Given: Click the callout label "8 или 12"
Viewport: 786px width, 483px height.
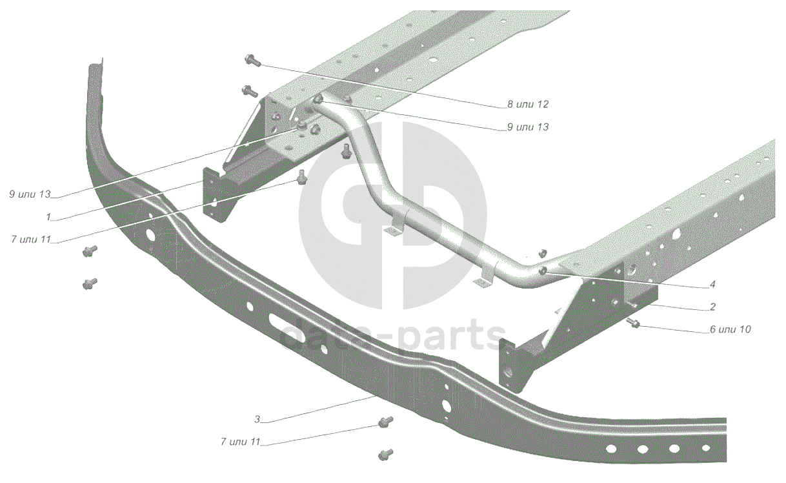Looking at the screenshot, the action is [x=527, y=104].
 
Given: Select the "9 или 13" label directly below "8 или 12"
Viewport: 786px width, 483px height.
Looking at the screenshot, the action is [x=527, y=127].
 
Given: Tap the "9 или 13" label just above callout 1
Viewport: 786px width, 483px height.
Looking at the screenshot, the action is [x=30, y=194].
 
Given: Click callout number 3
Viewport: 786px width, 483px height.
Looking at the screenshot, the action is [x=257, y=420].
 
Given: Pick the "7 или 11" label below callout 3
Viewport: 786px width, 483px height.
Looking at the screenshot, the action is [x=239, y=442].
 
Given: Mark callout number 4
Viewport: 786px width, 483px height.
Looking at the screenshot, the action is [x=712, y=284].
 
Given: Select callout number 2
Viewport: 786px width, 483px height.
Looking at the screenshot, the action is [x=712, y=307].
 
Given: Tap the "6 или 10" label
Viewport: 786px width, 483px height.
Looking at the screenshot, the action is [x=730, y=329].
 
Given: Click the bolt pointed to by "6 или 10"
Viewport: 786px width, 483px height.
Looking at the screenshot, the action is [x=632, y=322].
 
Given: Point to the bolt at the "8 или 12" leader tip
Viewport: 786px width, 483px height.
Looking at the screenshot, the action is [x=252, y=61].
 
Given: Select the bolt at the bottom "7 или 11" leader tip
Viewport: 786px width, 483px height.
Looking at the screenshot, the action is [x=385, y=423].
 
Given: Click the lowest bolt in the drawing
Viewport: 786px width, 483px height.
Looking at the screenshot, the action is [x=386, y=453].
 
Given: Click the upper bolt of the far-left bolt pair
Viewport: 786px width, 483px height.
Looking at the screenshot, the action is [x=90, y=251].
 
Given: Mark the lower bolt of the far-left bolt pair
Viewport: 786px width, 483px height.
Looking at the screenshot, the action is [x=90, y=283].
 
